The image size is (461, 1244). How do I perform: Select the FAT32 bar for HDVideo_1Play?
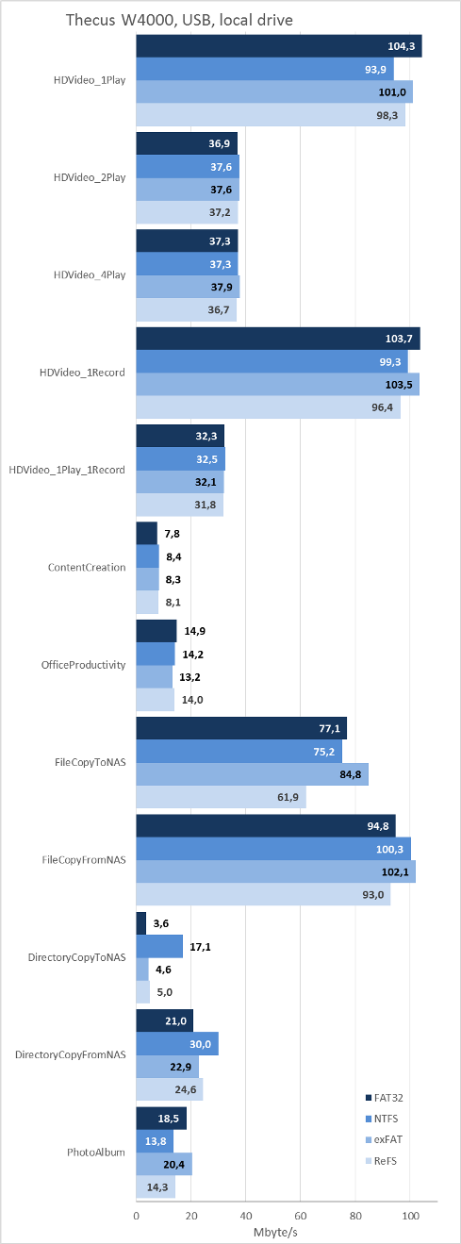(279, 46)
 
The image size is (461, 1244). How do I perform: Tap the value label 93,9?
(375, 70)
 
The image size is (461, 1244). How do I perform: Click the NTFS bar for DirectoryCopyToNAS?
(159, 946)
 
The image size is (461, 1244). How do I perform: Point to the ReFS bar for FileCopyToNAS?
(221, 797)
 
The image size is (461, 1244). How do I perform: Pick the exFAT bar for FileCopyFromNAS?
(275, 871)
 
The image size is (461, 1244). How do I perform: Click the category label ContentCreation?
(87, 567)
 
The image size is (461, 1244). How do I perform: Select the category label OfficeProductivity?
(83, 665)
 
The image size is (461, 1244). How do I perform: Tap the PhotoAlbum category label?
(96, 1152)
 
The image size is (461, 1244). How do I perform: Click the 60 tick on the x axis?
(301, 1216)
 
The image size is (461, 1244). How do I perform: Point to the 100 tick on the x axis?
(410, 1216)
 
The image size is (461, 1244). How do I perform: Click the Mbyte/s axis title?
(275, 1233)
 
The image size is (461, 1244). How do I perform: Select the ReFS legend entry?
(381, 1161)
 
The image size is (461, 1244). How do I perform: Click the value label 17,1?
(200, 946)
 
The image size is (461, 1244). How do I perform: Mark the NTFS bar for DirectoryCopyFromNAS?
(177, 1044)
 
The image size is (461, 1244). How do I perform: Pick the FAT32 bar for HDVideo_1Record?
(278, 339)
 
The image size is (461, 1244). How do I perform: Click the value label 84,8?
(350, 774)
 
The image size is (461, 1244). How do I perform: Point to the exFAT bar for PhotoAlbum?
(164, 1164)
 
